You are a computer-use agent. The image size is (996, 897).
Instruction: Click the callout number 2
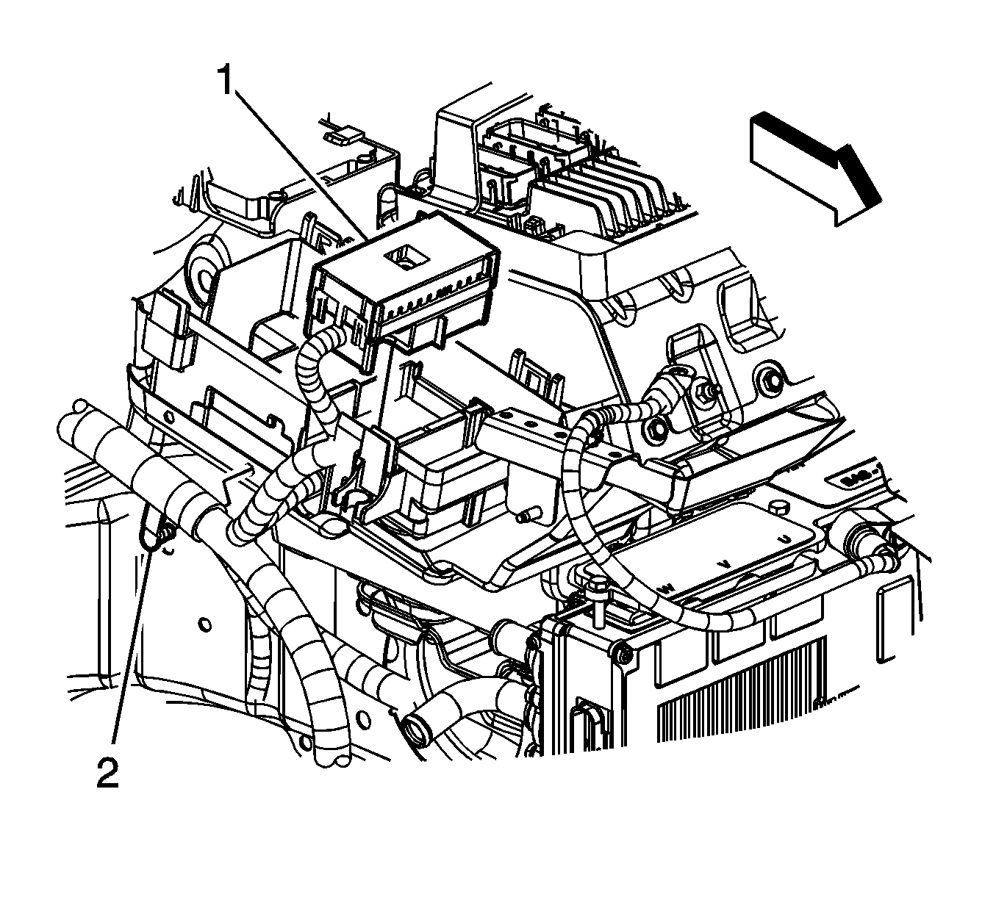point(107,772)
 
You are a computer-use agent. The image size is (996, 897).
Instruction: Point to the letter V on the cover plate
point(725,563)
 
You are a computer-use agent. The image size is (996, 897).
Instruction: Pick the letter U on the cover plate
point(786,540)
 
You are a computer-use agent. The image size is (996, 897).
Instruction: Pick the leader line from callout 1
point(301,162)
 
